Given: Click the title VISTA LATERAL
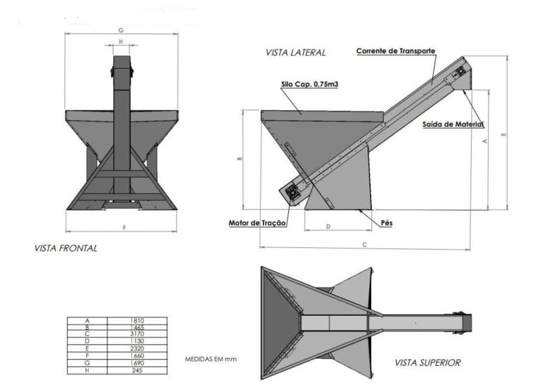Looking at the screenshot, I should [x=296, y=52].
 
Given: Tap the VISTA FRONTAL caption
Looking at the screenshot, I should [x=65, y=248].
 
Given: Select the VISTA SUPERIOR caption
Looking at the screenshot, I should [x=427, y=363].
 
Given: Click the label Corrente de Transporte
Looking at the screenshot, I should [x=395, y=51].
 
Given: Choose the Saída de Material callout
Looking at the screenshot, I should [x=453, y=124].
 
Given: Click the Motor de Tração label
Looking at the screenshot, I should [x=257, y=223].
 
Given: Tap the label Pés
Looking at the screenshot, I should [x=387, y=223].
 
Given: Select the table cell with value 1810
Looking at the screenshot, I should [x=137, y=321].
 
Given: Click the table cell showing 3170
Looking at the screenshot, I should [x=137, y=334].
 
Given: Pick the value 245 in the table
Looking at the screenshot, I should [x=137, y=370].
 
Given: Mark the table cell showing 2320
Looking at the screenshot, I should [x=137, y=349].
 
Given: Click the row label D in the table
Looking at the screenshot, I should [x=87, y=341].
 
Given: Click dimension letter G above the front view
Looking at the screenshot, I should [x=121, y=31].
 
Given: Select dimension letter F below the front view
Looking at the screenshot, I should [x=124, y=227].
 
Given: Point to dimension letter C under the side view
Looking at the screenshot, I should [x=364, y=245].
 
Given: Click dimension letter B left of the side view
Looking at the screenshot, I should [x=240, y=159].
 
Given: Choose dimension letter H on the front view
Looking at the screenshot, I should [x=121, y=41].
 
